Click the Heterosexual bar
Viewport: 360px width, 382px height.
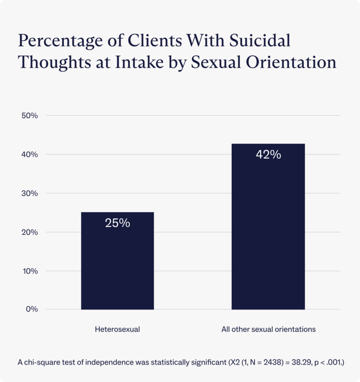click(117, 261)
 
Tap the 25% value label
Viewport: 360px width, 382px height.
click(117, 223)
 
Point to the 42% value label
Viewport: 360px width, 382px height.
click(268, 155)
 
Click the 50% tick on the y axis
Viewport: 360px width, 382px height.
click(30, 116)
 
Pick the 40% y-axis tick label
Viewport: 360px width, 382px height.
click(30, 155)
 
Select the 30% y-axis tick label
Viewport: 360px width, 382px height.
click(30, 193)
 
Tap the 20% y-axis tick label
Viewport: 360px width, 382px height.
click(30, 232)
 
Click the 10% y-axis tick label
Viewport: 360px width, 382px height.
click(30, 271)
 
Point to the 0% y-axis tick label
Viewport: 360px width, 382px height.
click(31, 309)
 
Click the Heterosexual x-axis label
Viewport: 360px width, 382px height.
click(117, 329)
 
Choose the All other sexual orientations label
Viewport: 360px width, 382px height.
click(268, 329)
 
